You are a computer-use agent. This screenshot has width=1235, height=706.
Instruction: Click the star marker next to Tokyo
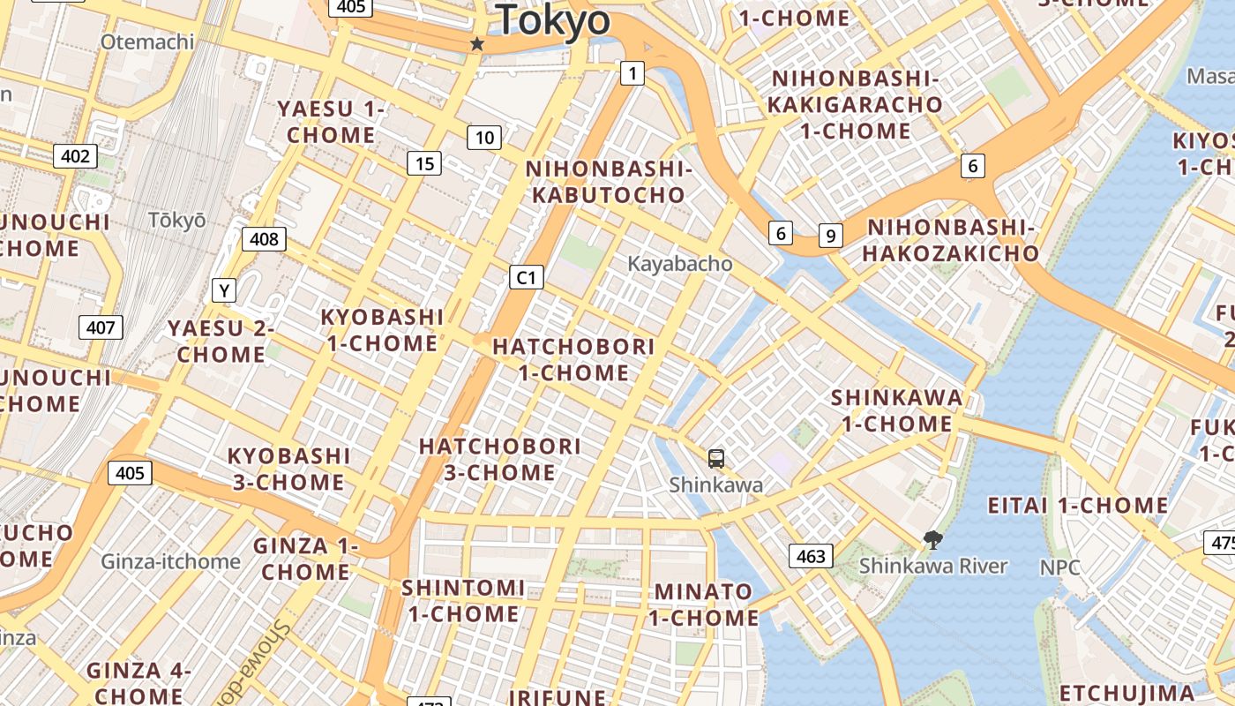pos(477,43)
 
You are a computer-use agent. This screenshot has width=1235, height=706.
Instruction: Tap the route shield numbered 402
pos(75,156)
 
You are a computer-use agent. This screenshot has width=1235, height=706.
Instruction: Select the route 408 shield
pos(264,238)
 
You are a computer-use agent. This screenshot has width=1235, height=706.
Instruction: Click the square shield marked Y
pos(224,289)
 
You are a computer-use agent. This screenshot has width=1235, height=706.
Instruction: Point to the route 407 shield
pos(101,327)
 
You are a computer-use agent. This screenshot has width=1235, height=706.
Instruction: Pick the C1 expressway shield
pos(526,277)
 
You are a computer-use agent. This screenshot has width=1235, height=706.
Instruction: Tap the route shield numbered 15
pos(424,162)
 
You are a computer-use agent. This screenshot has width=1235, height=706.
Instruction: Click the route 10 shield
pos(484,137)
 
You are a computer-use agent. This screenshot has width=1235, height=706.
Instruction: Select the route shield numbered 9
pos(829,236)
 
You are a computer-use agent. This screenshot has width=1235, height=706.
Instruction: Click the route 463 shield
pos(810,555)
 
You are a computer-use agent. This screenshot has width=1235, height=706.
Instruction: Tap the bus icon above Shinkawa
pos(716,458)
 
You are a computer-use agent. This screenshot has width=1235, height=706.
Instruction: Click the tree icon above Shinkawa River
pos(932,540)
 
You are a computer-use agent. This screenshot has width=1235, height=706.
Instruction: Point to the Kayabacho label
pos(679,263)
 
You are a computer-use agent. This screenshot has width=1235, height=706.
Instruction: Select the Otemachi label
pos(146,41)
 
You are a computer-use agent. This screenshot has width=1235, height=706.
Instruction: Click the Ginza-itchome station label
pos(170,561)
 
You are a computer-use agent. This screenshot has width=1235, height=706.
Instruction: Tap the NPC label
pos(1059,567)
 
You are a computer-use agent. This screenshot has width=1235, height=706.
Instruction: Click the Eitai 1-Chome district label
pos(1077,506)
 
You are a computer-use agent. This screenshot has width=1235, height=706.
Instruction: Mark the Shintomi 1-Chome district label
pos(463,600)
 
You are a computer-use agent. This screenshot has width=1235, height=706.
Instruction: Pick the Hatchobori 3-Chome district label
pos(499,459)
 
